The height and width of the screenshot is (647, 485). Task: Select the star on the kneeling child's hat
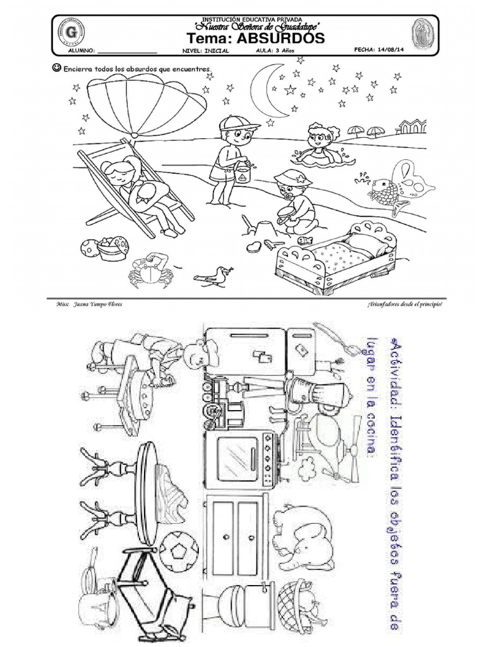coord(301,181)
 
